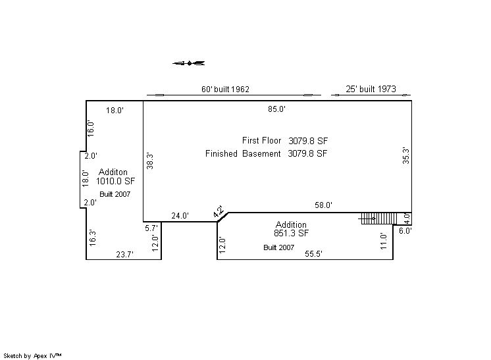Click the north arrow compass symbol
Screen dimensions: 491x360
pyautogui.click(x=189, y=63)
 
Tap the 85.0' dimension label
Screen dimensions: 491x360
pyautogui.click(x=277, y=109)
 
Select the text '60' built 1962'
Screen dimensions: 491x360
pyautogui.click(x=225, y=90)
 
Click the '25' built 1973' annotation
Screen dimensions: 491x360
pyautogui.click(x=371, y=89)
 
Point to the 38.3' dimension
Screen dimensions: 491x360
pyautogui.click(x=150, y=161)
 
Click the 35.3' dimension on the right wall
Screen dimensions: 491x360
pyautogui.click(x=406, y=155)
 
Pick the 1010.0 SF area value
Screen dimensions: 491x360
pyautogui.click(x=115, y=181)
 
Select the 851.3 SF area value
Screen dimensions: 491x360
pyautogui.click(x=291, y=233)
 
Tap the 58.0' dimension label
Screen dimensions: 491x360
pyautogui.click(x=323, y=205)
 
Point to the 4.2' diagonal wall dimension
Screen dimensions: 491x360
pyautogui.click(x=218, y=212)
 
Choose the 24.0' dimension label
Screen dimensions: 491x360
pyautogui.click(x=180, y=216)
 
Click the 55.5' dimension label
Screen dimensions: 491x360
pyautogui.click(x=313, y=254)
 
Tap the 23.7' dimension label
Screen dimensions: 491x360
pyautogui.click(x=124, y=255)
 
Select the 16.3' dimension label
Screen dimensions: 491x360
pyautogui.click(x=93, y=238)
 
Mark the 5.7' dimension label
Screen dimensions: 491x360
pyautogui.click(x=151, y=228)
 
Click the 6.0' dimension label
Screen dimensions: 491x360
pyautogui.click(x=405, y=231)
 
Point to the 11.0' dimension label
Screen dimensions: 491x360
pyautogui.click(x=384, y=241)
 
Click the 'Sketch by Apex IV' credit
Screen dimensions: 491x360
pyautogui.click(x=32, y=356)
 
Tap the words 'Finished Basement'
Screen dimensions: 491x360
pyautogui.click(x=243, y=154)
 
